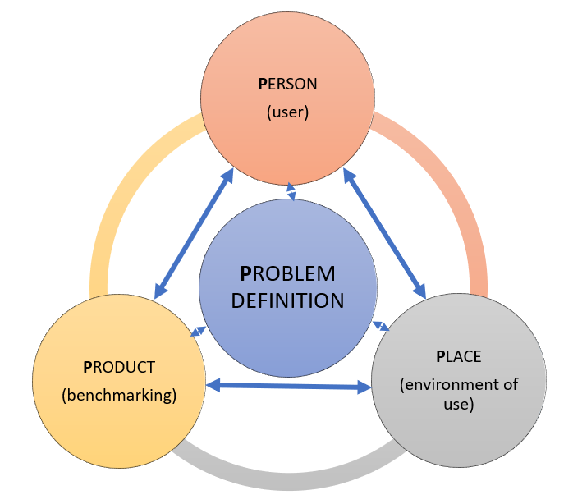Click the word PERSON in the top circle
point(287,84)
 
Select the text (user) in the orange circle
point(287,112)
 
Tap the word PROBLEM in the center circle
point(287,273)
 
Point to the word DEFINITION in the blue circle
point(287,300)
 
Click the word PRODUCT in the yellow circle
point(119,367)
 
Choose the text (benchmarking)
point(119,396)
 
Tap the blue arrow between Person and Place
point(384,233)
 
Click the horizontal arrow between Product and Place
point(288,384)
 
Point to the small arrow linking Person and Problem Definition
point(291,192)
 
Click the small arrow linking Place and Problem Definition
point(382,325)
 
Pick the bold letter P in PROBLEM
point(245,273)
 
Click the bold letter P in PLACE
point(440,357)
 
